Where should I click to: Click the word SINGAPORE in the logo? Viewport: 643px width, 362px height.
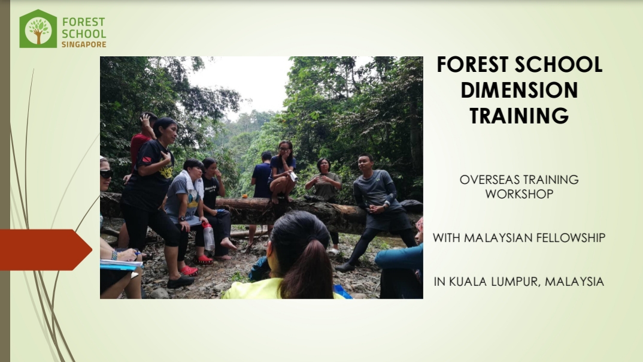pyautogui.click(x=84, y=44)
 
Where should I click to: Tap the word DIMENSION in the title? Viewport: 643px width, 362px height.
pyautogui.click(x=519, y=90)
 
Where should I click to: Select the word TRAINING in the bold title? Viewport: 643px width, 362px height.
pyautogui.click(x=519, y=115)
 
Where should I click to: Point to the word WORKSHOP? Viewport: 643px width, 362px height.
pyautogui.click(x=519, y=194)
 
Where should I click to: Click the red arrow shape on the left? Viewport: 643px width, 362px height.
pyautogui.click(x=45, y=250)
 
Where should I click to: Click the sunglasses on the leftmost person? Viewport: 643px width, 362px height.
pyautogui.click(x=106, y=174)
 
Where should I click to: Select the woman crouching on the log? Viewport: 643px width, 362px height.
pyautogui.click(x=282, y=172)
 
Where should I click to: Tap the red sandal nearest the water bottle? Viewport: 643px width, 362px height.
pyautogui.click(x=204, y=260)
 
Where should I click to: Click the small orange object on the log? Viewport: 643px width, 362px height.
pyautogui.click(x=244, y=196)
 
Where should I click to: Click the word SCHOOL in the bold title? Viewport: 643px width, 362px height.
pyautogui.click(x=559, y=65)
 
